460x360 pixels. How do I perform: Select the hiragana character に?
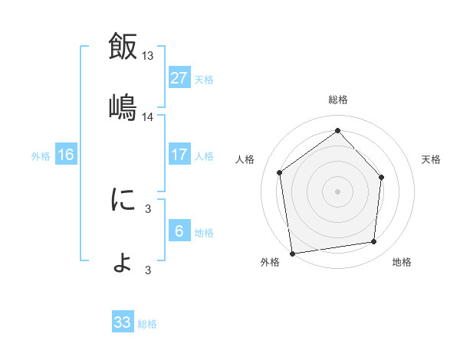pos(123,200)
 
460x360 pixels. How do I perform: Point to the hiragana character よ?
pos(123,263)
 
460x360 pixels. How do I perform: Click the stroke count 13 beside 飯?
pos(148,55)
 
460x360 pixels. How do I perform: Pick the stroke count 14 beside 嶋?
pos(148,116)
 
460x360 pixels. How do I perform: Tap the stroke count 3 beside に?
pos(148,208)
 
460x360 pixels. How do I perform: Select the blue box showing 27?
pos(179,78)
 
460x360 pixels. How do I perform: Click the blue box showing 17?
pos(179,155)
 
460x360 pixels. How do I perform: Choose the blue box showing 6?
pos(179,231)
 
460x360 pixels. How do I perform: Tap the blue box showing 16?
pos(66,155)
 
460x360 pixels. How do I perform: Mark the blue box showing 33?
pos(123,322)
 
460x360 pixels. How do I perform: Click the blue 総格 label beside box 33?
pos(148,324)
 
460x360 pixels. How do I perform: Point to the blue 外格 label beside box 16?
pos(41,156)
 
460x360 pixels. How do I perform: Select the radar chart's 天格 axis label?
pos(432,159)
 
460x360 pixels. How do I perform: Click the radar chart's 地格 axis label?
pos(402,262)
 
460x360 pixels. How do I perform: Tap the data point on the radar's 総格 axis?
pos(337,130)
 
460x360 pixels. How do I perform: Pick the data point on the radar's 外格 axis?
pos(292,253)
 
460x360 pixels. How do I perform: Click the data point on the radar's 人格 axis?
pos(280,172)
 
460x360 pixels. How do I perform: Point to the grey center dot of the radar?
pos(337,191)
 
